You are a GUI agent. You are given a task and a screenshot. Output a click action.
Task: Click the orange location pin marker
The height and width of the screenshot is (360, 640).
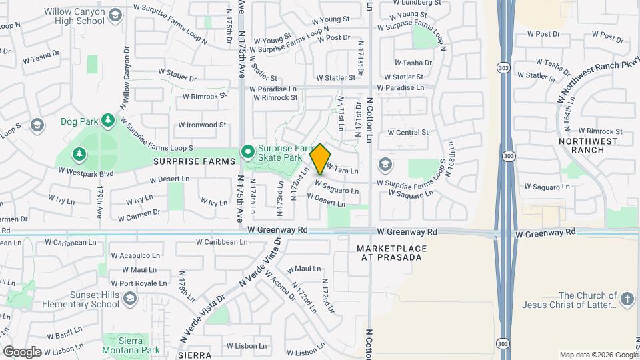(x=320, y=159)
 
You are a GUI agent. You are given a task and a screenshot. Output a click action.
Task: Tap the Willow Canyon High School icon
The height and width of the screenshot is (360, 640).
(x=115, y=15)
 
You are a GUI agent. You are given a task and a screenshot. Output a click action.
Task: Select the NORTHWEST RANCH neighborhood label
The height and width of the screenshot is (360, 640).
(x=581, y=145)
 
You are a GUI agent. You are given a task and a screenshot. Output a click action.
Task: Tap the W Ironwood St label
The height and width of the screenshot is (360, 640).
(x=203, y=125)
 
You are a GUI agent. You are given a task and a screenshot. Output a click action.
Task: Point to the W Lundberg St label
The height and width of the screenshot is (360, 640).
(x=417, y=3)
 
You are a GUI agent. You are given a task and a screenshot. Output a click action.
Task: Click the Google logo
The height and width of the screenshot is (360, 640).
(x=22, y=351)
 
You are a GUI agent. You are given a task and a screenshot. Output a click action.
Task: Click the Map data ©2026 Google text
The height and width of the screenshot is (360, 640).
(x=598, y=355)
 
